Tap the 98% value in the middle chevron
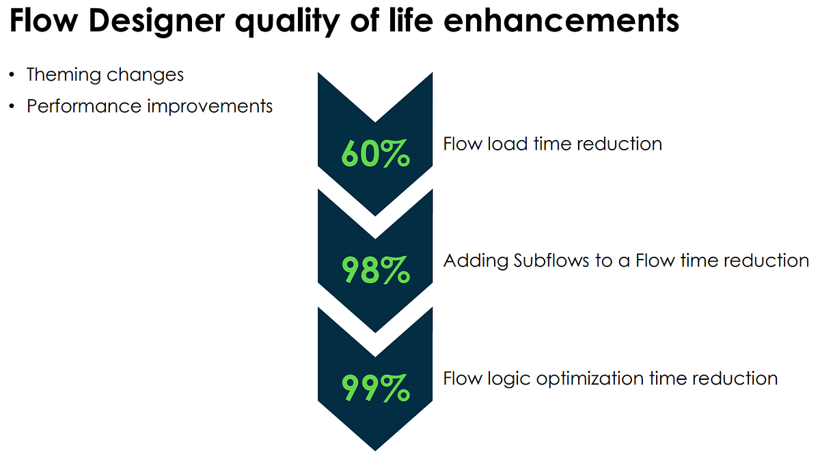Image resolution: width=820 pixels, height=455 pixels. [x=375, y=271]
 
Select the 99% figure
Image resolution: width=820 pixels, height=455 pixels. [x=375, y=388]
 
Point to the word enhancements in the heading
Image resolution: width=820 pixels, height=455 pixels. [x=561, y=23]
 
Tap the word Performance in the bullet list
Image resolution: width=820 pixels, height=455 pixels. [x=76, y=107]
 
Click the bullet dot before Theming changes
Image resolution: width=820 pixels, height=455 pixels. [x=12, y=74]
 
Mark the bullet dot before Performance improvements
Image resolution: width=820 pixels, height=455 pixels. [x=12, y=106]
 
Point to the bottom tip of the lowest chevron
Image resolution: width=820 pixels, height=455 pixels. [x=375, y=450]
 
